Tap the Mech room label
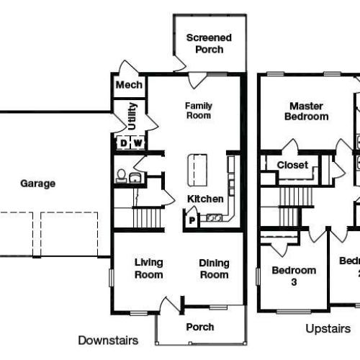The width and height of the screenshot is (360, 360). pyautogui.click(x=129, y=86)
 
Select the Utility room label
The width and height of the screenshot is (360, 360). pyautogui.click(x=131, y=115)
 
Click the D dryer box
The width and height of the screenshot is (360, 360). pyautogui.click(x=123, y=143)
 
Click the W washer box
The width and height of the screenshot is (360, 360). pyautogui.click(x=138, y=143)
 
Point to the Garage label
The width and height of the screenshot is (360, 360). pyautogui.click(x=37, y=184)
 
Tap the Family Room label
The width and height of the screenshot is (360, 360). pyautogui.click(x=199, y=110)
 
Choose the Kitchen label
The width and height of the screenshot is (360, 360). pyautogui.click(x=206, y=199)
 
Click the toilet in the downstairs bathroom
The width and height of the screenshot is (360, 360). pyautogui.click(x=122, y=175)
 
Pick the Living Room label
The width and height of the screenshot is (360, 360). pyautogui.click(x=149, y=269)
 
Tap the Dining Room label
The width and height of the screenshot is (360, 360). pyautogui.click(x=214, y=269)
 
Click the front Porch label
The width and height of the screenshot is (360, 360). pyautogui.click(x=200, y=327)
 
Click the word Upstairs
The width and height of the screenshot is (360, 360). pyautogui.click(x=328, y=329)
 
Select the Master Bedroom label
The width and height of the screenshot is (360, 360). pyautogui.click(x=306, y=110)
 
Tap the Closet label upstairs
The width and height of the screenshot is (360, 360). pyautogui.click(x=292, y=165)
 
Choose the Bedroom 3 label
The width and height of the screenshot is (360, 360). pyautogui.click(x=294, y=276)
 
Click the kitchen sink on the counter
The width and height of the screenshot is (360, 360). pyautogui.click(x=214, y=217)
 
